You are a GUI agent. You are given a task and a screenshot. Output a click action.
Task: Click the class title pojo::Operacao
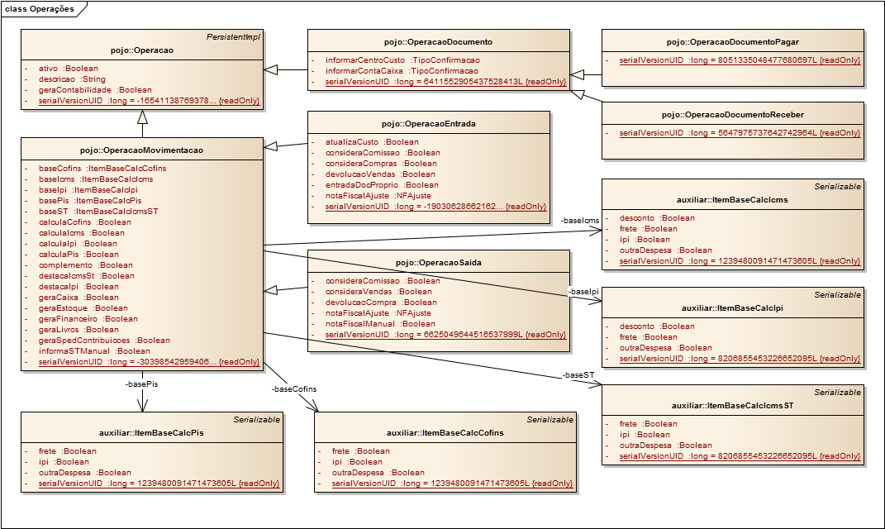pyautogui.click(x=141, y=50)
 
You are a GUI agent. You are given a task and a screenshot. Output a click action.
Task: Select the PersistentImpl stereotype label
pyautogui.click(x=233, y=36)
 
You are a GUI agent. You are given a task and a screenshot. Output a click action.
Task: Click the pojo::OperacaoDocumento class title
pyautogui.click(x=438, y=42)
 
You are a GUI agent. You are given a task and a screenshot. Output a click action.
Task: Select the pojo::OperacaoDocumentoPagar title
pyautogui.click(x=733, y=42)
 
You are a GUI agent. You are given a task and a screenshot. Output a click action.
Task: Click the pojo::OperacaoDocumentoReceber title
pyautogui.click(x=733, y=115)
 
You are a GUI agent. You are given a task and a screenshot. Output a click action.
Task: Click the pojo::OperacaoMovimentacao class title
pyautogui.click(x=141, y=150)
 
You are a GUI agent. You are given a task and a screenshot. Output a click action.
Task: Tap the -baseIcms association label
pyautogui.click(x=579, y=220)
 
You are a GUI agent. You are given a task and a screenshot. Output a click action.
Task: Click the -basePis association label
pyautogui.click(x=141, y=384)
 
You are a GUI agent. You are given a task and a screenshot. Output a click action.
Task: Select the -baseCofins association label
pyautogui.click(x=294, y=389)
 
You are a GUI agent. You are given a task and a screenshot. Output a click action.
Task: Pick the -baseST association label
pyautogui.click(x=578, y=375)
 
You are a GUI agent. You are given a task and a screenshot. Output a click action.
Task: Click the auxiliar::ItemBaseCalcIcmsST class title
pyautogui.click(x=733, y=405)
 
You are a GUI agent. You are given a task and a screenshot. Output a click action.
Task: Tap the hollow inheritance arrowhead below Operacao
pyautogui.click(x=142, y=117)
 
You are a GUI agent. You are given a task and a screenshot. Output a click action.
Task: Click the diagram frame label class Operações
pyautogui.click(x=40, y=9)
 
